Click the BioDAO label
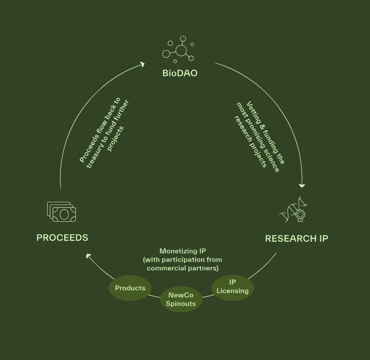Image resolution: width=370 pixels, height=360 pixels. point(180,73)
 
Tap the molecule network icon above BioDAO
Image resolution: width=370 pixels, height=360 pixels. point(179,50)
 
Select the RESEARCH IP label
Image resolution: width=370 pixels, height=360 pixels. point(296,239)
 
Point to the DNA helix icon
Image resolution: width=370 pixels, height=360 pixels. point(293,210)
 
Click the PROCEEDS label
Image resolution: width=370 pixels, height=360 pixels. point(62,238)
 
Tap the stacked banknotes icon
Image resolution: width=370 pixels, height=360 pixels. point(61,211)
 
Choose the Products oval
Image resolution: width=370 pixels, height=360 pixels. point(130,288)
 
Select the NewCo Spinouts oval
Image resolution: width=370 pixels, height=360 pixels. point(181,300)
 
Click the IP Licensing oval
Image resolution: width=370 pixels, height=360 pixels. point(233,287)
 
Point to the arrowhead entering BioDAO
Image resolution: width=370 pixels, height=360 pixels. point(142,65)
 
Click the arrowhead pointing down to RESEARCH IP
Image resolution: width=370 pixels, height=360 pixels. point(302,185)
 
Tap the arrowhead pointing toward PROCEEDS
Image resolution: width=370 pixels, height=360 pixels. point(89,256)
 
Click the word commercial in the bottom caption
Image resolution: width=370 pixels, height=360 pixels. point(164,268)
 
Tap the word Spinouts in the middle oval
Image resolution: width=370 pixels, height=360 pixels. point(181,304)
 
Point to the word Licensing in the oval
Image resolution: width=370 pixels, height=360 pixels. point(233,291)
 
